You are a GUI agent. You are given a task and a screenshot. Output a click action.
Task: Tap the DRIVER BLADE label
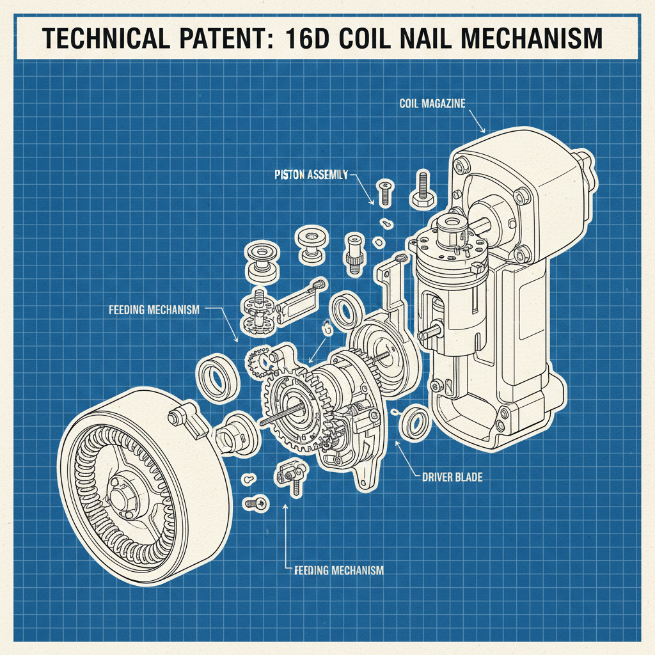[x=452, y=477]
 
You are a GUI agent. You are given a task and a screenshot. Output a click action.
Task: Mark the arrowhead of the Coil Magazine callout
[x=484, y=130]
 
